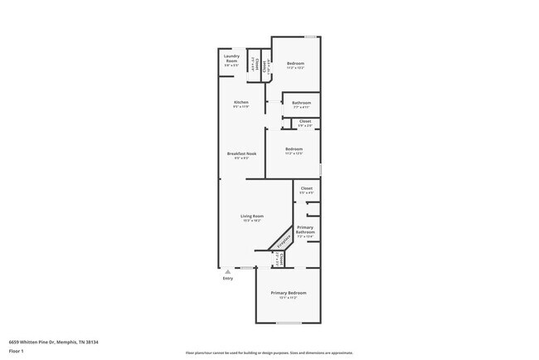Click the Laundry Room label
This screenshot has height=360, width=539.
[x=231, y=57]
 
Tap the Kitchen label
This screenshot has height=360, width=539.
[x=241, y=102]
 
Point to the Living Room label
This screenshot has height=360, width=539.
[x=252, y=216]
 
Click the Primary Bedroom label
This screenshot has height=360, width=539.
[x=287, y=293]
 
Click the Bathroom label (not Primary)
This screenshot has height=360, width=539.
[x=301, y=103]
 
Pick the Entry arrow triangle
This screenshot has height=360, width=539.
[x=227, y=271]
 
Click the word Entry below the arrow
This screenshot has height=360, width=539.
[x=228, y=279]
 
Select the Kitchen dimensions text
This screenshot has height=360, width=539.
[x=241, y=107]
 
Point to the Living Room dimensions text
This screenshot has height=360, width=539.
[x=252, y=221]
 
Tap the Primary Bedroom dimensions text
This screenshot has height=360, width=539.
[x=287, y=298]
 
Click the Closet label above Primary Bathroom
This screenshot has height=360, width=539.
[x=306, y=189]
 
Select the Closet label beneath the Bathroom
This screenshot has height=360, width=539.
[x=305, y=121]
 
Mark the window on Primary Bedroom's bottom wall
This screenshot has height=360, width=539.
[x=288, y=323]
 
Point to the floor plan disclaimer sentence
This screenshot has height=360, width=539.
[x=269, y=353]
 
